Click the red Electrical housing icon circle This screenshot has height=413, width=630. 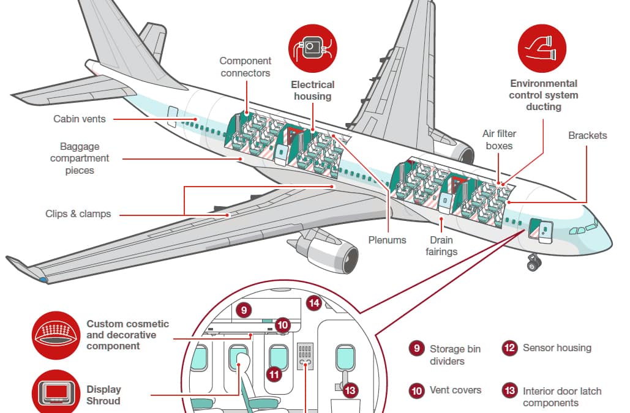coord(312,50)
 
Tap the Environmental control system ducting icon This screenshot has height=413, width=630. coord(542,50)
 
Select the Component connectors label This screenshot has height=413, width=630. coord(245,67)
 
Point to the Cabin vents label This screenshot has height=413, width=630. coord(80,119)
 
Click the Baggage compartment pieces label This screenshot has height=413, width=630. coord(80,158)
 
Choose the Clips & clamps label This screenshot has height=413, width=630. coord(78,214)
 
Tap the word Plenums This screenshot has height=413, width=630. coord(387,240)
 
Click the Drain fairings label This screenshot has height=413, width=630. coord(441,246)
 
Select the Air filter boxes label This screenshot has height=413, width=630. coord(499,140)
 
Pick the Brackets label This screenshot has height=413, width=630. coord(587,135)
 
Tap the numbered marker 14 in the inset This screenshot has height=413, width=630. coord(314,302)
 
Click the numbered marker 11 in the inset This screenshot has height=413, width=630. coord(274,373)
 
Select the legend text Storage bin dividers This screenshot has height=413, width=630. coord(455,355)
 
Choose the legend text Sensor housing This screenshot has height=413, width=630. coord(557,348)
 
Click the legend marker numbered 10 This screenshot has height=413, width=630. coord(416,390)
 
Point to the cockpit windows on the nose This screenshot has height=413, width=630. coord(582,229)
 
